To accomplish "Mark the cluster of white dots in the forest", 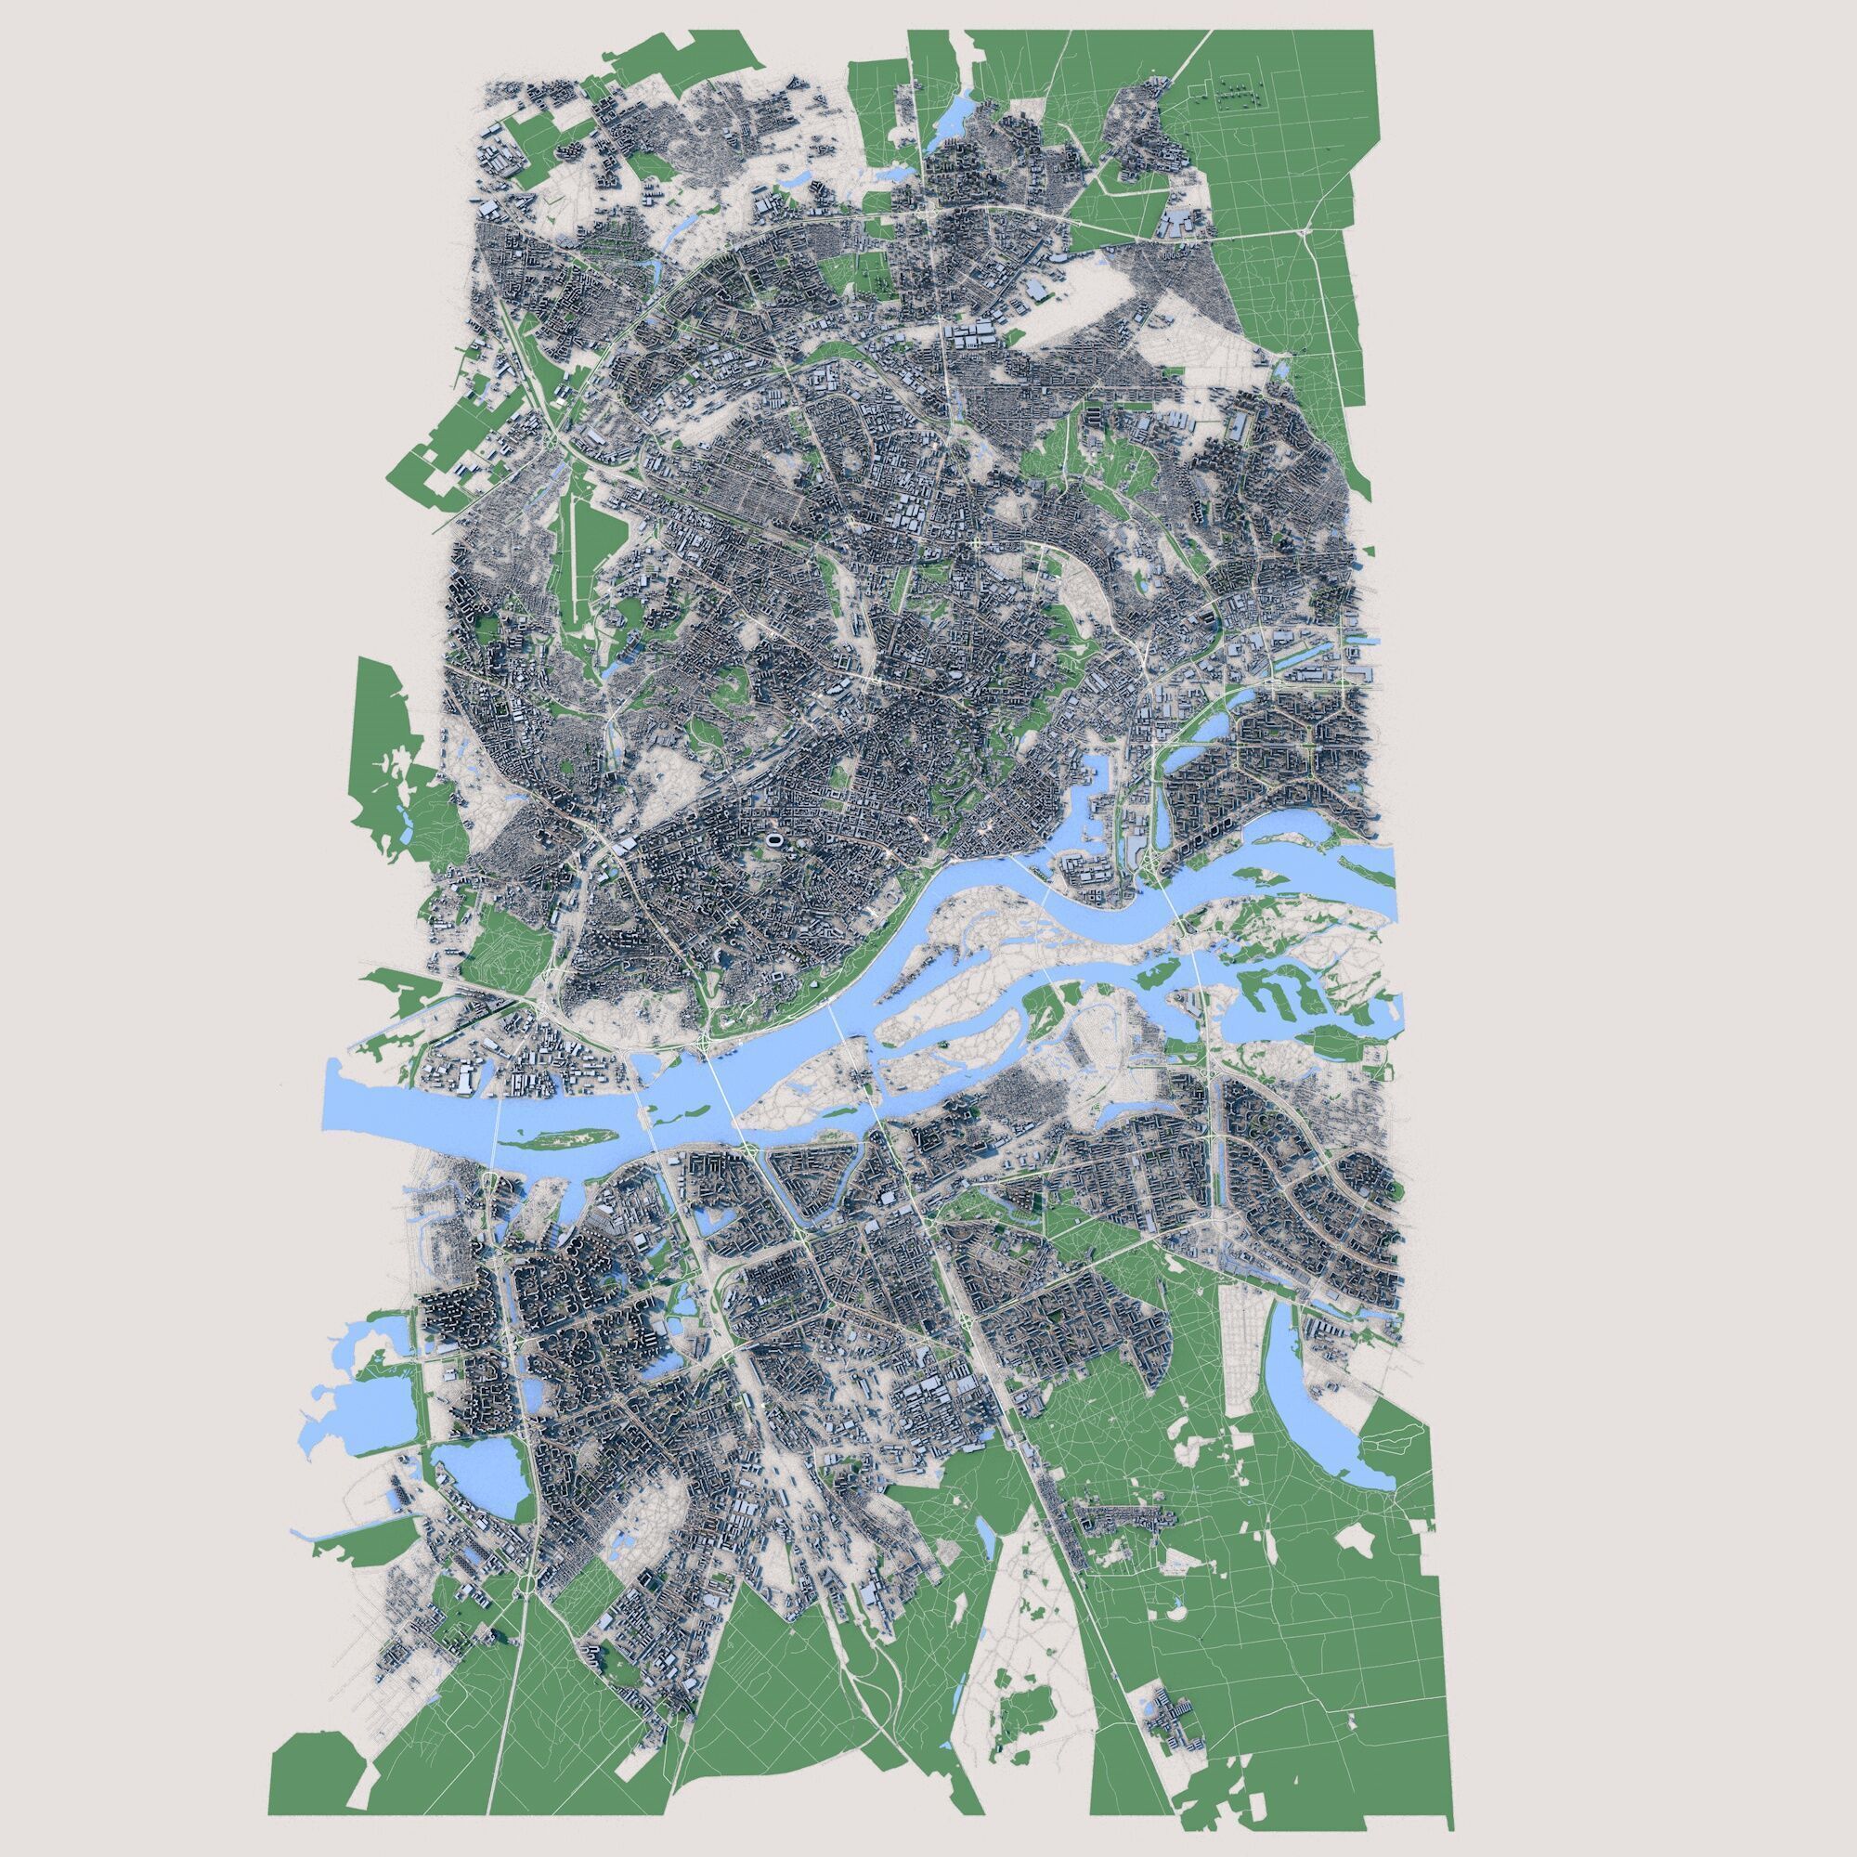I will [1234, 93].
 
